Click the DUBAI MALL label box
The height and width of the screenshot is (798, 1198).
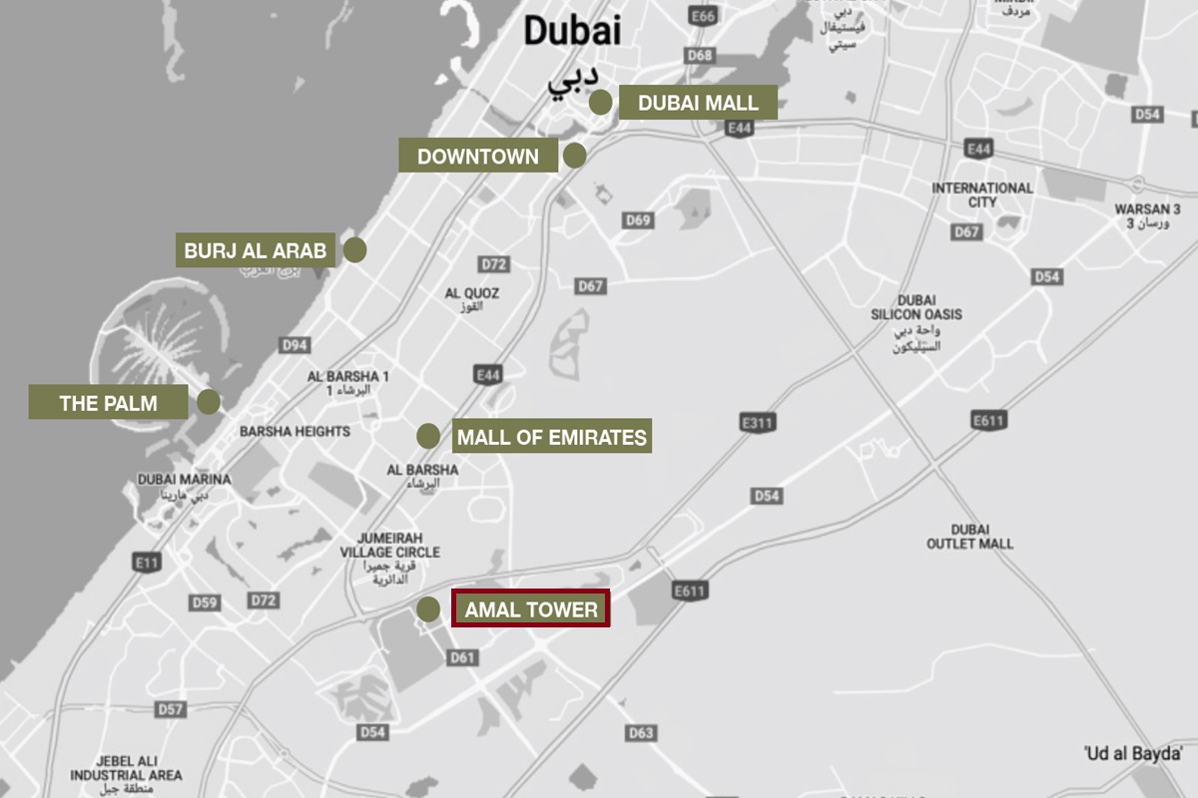pyautogui.click(x=698, y=103)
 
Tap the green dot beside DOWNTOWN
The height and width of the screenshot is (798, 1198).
pyautogui.click(x=574, y=156)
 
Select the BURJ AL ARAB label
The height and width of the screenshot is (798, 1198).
pyautogui.click(x=255, y=250)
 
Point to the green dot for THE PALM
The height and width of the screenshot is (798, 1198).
pyautogui.click(x=209, y=402)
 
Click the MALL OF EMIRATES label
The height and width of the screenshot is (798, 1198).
pyautogui.click(x=552, y=437)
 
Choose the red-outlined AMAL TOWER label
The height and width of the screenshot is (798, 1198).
pyautogui.click(x=531, y=609)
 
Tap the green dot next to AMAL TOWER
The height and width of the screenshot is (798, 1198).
pyautogui.click(x=428, y=609)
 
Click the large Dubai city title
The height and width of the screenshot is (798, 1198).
pyautogui.click(x=572, y=30)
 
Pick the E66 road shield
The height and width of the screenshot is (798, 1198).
pyautogui.click(x=703, y=17)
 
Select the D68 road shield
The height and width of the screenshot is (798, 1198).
pyautogui.click(x=699, y=56)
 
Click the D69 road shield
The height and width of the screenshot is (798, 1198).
pyautogui.click(x=638, y=220)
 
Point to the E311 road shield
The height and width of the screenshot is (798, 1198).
pyautogui.click(x=758, y=423)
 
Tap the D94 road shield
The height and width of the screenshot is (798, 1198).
pyautogui.click(x=295, y=345)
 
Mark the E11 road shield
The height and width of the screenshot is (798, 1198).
pyautogui.click(x=147, y=564)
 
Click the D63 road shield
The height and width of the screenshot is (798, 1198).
pyautogui.click(x=642, y=733)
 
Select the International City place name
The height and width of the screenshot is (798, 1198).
pyautogui.click(x=982, y=195)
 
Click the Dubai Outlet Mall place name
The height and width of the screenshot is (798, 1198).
pyautogui.click(x=969, y=537)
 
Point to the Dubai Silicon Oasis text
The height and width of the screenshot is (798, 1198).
pyautogui.click(x=916, y=315)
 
